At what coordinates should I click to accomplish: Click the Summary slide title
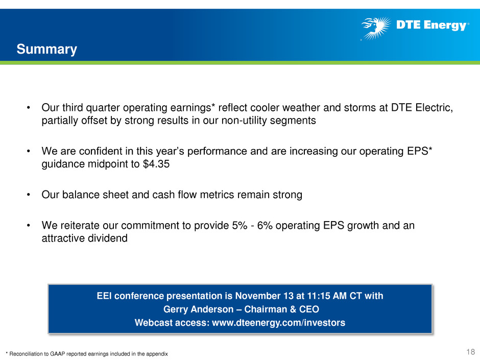(47, 50)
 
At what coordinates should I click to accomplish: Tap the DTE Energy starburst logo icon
(376, 28)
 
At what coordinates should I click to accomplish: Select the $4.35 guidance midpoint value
(156, 164)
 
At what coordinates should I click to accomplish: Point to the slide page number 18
(470, 352)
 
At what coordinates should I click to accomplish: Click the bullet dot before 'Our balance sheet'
(29, 195)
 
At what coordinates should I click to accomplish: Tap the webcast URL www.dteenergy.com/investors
(279, 323)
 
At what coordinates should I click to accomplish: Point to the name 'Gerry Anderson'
(198, 309)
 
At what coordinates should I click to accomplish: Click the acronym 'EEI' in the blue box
(104, 296)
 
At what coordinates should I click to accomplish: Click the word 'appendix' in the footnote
(158, 354)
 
